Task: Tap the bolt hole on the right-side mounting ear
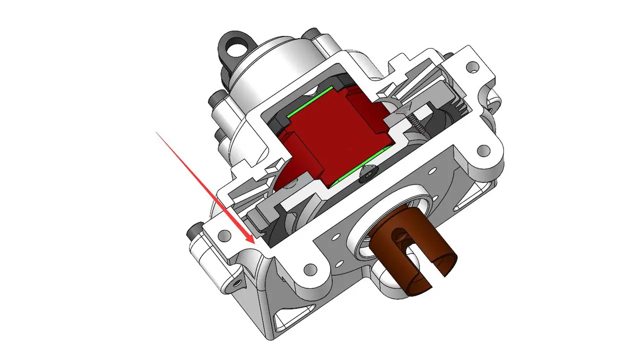point(483,149)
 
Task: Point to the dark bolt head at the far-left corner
point(191,233)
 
